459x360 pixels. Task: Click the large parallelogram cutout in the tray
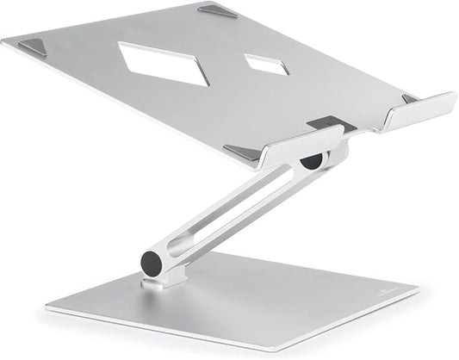point(166,63)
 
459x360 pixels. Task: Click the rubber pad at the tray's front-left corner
point(243,152)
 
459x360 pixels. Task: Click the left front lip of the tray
point(301,147)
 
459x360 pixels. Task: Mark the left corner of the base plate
point(48,305)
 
